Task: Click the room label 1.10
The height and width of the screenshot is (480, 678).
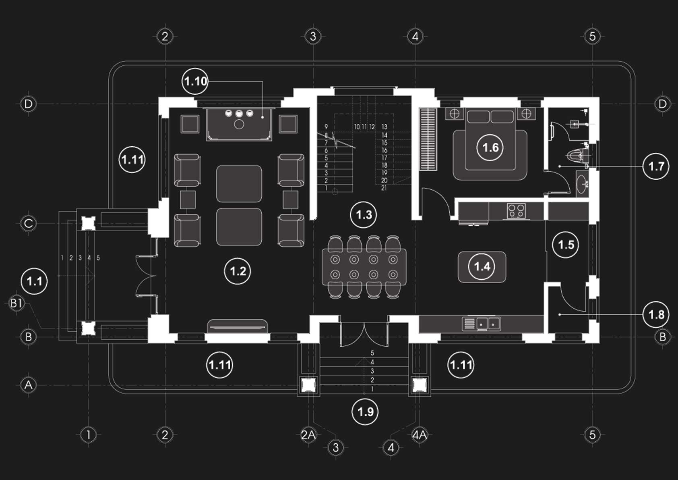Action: [x=195, y=81]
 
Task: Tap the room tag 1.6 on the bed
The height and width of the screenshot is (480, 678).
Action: [x=490, y=148]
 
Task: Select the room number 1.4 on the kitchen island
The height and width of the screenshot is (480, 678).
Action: [x=482, y=266]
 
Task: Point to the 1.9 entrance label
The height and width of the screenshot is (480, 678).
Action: [x=365, y=412]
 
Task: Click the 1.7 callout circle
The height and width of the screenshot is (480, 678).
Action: [x=656, y=166]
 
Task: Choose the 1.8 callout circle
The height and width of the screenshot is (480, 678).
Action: [x=656, y=314]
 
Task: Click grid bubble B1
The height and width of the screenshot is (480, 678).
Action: [x=16, y=303]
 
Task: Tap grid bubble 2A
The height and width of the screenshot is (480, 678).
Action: [x=308, y=435]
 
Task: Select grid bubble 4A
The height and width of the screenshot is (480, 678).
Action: [x=420, y=435]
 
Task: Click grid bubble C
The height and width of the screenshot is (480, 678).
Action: [x=29, y=223]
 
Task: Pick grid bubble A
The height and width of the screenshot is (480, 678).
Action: [x=29, y=385]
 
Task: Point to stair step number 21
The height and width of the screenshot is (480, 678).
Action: [x=384, y=188]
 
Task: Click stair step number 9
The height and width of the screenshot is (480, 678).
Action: [x=326, y=127]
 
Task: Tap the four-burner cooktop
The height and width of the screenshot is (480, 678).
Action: [x=516, y=210]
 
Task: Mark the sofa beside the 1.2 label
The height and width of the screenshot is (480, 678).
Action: [x=238, y=326]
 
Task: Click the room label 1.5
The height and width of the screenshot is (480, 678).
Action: [x=566, y=245]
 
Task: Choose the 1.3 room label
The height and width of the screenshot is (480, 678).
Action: [x=364, y=215]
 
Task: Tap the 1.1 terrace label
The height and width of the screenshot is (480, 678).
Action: [x=35, y=281]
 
